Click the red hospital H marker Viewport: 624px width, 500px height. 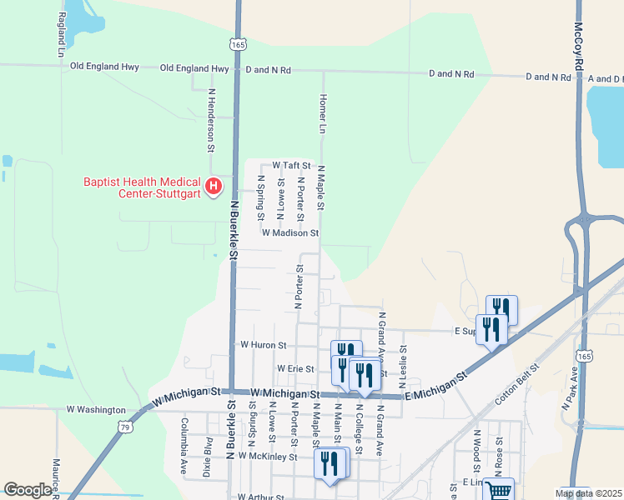pyautogui.click(x=214, y=186)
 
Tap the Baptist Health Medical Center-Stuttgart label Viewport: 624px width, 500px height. pyautogui.click(x=142, y=188)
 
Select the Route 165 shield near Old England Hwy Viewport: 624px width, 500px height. pyautogui.click(x=239, y=41)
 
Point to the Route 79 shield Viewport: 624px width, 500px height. pyautogui.click(x=124, y=427)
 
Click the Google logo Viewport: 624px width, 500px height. pyautogui.click(x=28, y=490)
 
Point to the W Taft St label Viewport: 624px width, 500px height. pyautogui.click(x=291, y=166)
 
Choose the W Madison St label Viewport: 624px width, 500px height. pyautogui.click(x=290, y=234)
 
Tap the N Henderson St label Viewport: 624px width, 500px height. pyautogui.click(x=212, y=120)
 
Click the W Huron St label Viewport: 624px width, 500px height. pyautogui.click(x=263, y=344)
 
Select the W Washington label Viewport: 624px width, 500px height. pyautogui.click(x=96, y=410)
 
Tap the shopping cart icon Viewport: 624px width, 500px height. pyautogui.click(x=498, y=490)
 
